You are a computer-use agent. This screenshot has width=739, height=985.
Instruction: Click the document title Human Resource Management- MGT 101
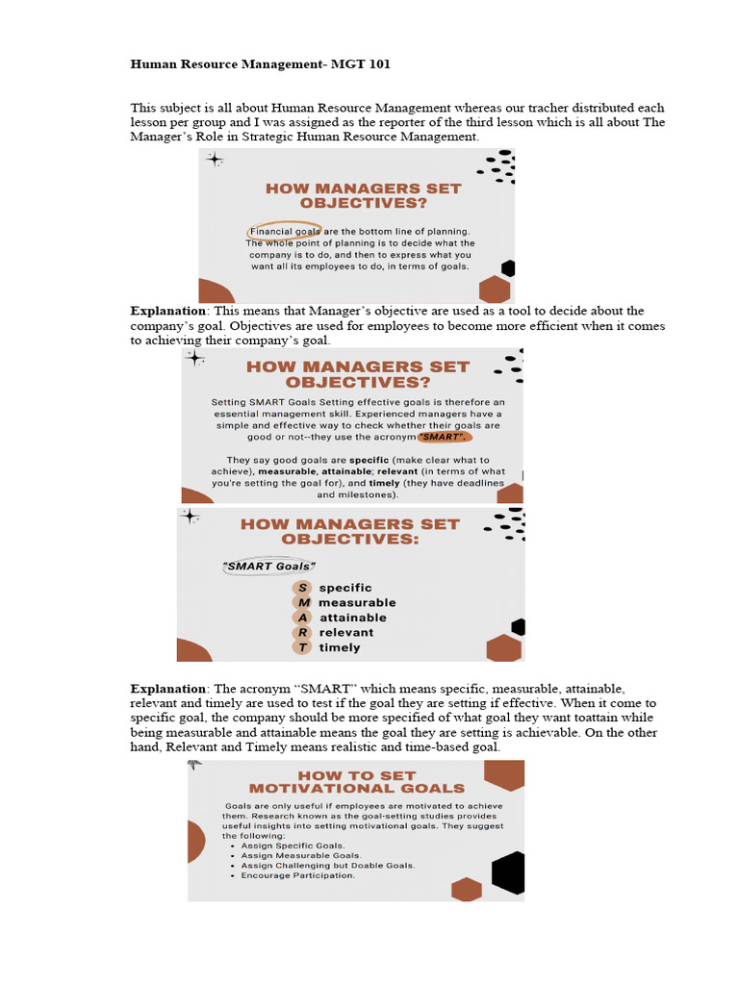[261, 65]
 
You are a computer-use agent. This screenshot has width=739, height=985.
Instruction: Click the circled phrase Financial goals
[284, 231]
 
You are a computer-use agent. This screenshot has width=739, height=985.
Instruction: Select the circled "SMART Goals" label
[269, 567]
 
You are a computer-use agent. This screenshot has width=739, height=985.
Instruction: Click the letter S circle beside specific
[303, 588]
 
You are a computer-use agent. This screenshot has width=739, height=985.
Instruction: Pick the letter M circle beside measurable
[303, 603]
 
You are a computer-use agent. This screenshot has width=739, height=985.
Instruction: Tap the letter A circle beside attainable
[303, 618]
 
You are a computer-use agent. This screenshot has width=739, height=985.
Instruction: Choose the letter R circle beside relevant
[303, 633]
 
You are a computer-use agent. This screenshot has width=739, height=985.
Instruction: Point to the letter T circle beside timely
[303, 647]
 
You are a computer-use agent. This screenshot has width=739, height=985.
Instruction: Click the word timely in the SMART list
[340, 647]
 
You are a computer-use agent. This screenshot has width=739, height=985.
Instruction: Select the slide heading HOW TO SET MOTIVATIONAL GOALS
[357, 782]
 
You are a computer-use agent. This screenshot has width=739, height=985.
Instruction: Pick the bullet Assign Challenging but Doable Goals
[327, 866]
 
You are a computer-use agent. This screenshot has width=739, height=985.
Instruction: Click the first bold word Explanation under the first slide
[168, 312]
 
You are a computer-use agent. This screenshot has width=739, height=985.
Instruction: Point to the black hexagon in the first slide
[507, 268]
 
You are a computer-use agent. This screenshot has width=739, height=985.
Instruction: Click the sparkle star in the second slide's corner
[195, 359]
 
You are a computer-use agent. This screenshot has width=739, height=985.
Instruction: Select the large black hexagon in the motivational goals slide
[507, 873]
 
